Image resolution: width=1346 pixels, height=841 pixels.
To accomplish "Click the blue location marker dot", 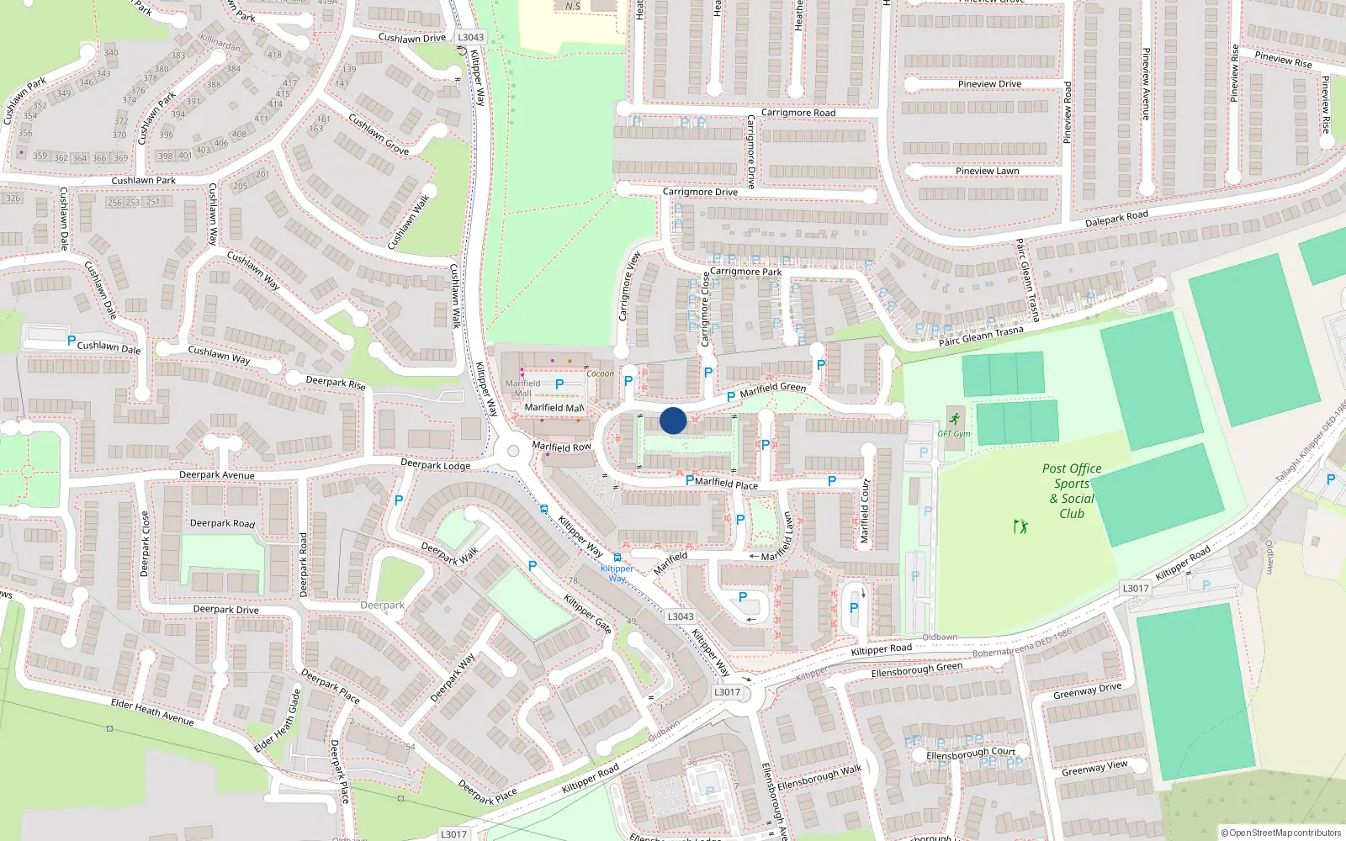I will tap(673, 420).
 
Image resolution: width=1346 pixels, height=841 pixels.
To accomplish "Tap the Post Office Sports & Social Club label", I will tap(1072, 491).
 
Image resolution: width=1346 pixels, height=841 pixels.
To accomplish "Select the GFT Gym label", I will tap(954, 434).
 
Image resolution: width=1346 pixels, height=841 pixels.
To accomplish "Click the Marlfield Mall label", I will tap(554, 408).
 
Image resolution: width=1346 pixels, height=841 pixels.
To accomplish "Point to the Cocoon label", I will tap(600, 373).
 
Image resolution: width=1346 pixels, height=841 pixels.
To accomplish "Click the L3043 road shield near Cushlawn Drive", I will tap(471, 37).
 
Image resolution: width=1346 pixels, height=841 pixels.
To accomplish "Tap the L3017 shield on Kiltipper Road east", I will tap(1136, 588).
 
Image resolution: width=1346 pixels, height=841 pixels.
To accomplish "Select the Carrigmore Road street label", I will tap(798, 113).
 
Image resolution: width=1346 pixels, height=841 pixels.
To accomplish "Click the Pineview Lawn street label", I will tap(987, 171).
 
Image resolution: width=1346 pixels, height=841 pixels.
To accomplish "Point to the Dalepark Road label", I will tap(1116, 219).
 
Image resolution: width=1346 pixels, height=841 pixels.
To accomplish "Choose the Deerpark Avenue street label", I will tap(217, 475).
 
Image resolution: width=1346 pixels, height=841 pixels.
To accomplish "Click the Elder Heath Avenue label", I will tap(152, 712).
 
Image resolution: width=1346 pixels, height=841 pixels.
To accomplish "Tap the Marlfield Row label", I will tap(561, 447).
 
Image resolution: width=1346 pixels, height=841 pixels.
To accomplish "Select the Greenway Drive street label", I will tap(1087, 691).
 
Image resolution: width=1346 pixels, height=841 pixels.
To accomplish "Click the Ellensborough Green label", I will tap(916, 669).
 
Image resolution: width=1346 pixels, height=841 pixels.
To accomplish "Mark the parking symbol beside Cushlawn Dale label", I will tap(72, 341).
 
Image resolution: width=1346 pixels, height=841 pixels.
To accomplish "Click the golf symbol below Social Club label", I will tap(1021, 527).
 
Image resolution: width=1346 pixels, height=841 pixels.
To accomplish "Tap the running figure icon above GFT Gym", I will tap(955, 418).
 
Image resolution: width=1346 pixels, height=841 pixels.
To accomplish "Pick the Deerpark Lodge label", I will tap(435, 464).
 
